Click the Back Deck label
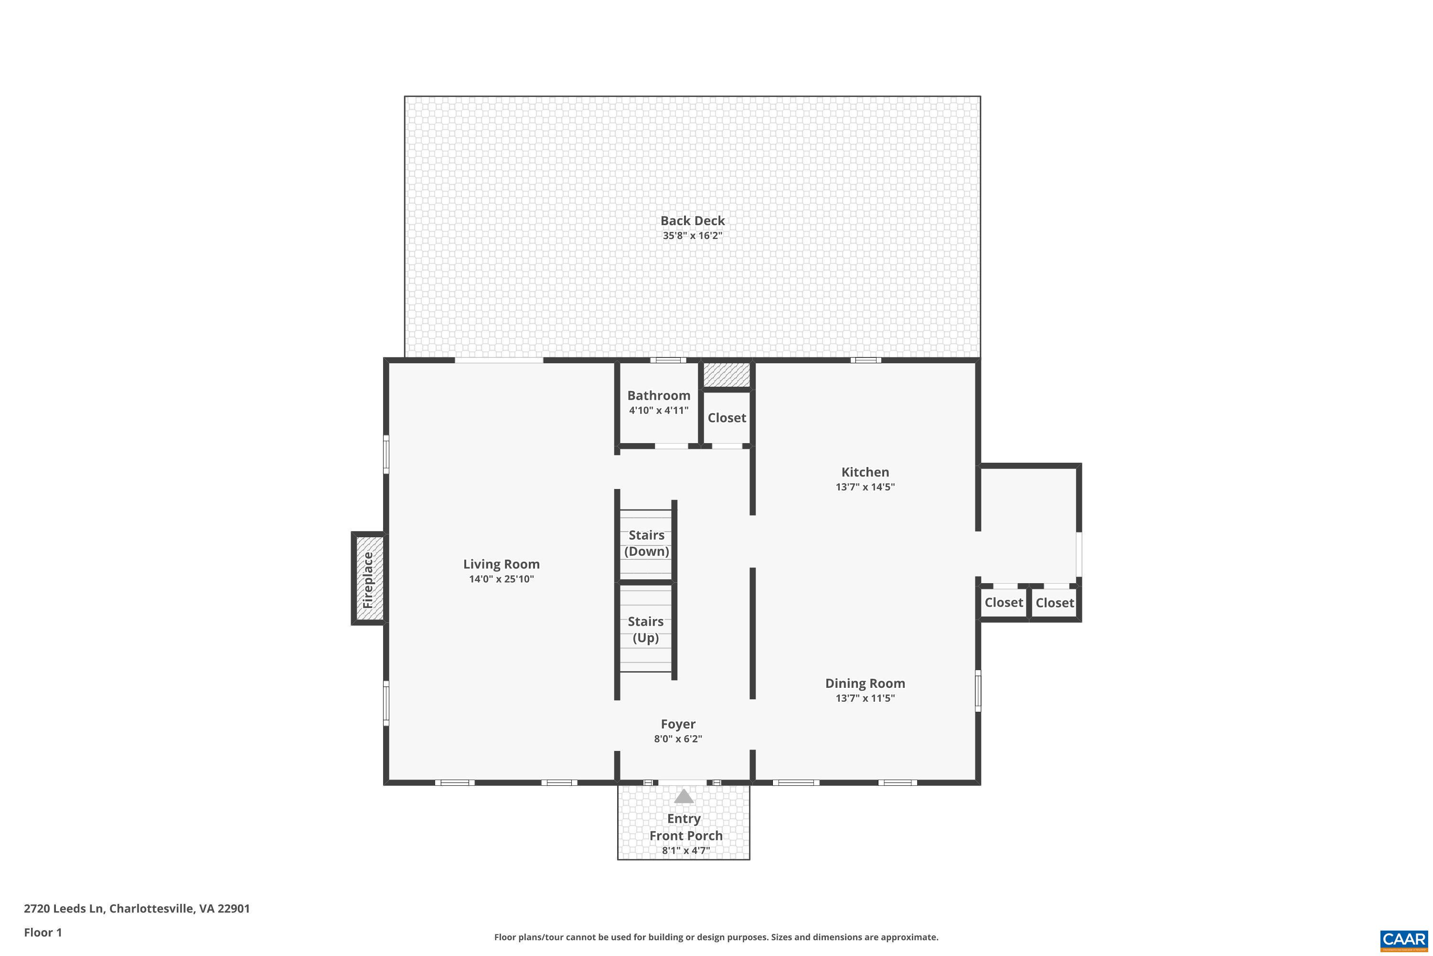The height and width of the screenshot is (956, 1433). coord(692,221)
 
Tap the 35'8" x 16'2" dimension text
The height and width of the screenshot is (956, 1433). coord(692,236)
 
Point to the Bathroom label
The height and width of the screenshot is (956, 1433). coord(659,396)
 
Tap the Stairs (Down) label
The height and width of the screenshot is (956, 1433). coord(646,543)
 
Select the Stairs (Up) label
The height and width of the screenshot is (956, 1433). coord(646,629)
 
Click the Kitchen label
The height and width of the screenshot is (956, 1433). coord(865,472)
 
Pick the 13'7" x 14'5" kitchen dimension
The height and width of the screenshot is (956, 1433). coord(865,487)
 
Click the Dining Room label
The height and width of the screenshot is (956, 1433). coord(865,684)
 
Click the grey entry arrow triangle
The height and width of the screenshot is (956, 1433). coord(684,797)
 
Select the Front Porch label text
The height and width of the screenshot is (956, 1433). coord(685,836)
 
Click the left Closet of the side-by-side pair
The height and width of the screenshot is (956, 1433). coord(1004,603)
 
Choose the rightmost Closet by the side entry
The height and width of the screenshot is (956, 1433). coord(1055,603)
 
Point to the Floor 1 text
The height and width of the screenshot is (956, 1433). coord(43,932)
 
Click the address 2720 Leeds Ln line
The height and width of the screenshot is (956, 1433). coord(137,909)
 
